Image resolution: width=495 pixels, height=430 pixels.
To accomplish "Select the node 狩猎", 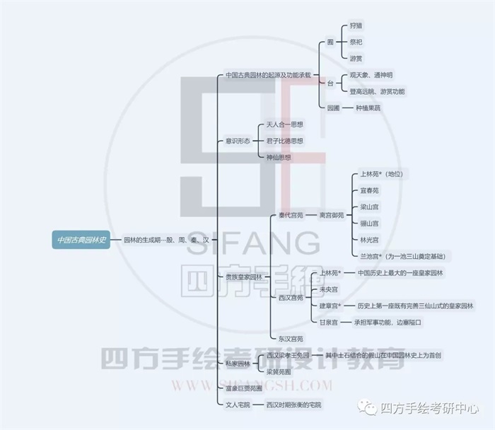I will point(358,25).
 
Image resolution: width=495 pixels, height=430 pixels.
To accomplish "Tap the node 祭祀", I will point(358,42).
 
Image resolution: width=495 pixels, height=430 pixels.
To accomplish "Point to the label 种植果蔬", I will point(368,108).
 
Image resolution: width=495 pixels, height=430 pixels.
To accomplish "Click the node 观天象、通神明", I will point(371,75).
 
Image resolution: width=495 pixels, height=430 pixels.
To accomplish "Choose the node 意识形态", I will point(238,141).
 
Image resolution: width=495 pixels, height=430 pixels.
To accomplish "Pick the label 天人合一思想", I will point(284,124).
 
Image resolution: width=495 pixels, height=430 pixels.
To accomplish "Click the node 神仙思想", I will point(279,157).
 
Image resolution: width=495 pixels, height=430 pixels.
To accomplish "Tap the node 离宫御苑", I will point(332,214).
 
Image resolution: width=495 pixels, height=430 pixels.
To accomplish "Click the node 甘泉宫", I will point(329,322).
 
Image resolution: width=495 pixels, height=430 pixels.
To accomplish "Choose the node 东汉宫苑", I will point(290,339).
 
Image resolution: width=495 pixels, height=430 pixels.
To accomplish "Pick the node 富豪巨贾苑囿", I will point(243,388).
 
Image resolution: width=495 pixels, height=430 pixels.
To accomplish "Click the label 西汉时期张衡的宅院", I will point(293,405).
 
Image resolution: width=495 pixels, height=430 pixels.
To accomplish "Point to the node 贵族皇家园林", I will point(243,277).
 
